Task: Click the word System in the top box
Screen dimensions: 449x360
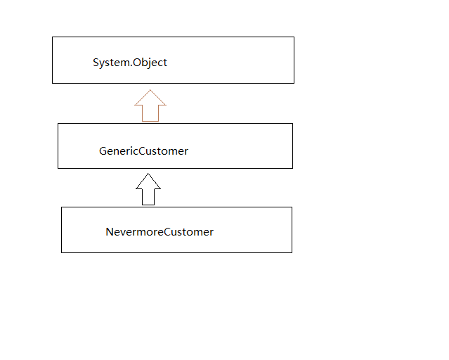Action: pyautogui.click(x=111, y=63)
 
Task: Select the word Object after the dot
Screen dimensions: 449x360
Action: pyautogui.click(x=150, y=63)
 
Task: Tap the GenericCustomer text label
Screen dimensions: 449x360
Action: pyautogui.click(x=143, y=151)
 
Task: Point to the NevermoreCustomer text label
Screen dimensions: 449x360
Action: pyautogui.click(x=160, y=232)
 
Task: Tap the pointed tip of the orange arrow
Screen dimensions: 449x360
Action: pyautogui.click(x=150, y=90)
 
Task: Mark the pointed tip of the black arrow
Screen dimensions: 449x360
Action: pyautogui.click(x=148, y=174)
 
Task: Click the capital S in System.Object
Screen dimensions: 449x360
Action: pyautogui.click(x=96, y=63)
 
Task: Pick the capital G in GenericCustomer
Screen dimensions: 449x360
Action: pyautogui.click(x=103, y=151)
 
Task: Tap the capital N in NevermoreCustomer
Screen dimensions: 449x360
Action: pyautogui.click(x=110, y=232)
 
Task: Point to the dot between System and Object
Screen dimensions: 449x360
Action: pyautogui.click(x=131, y=66)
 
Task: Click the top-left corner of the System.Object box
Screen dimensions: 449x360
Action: pyautogui.click(x=53, y=37)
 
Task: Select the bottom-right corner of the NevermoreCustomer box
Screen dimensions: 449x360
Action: pyautogui.click(x=292, y=252)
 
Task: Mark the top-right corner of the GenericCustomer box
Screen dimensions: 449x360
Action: pyautogui.click(x=292, y=124)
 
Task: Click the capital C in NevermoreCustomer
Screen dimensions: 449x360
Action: pyautogui.click(x=167, y=232)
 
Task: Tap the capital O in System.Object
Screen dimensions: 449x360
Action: pyautogui.click(x=137, y=63)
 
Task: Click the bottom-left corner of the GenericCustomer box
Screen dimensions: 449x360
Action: pyautogui.click(x=58, y=168)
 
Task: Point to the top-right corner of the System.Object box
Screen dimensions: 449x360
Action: pyautogui.click(x=294, y=37)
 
